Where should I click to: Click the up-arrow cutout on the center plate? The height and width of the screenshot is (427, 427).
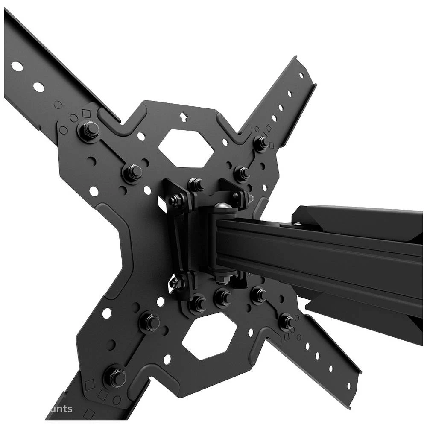[184, 117]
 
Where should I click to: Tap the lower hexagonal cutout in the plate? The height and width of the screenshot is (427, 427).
[209, 338]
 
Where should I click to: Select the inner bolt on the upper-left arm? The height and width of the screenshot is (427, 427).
[133, 172]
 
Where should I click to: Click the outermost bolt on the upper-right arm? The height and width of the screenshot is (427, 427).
[260, 143]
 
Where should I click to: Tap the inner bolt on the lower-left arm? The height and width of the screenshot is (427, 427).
[149, 322]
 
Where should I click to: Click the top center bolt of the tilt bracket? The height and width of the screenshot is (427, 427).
[196, 184]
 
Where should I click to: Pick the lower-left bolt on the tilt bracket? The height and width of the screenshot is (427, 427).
[177, 282]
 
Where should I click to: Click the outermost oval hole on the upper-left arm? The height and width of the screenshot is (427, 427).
[17, 66]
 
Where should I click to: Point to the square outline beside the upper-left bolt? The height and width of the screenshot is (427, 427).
[86, 114]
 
